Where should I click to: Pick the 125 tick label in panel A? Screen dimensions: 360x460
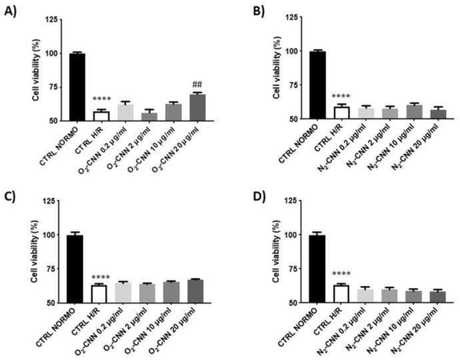[x=49, y=19]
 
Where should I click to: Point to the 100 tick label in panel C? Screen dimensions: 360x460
[x=49, y=235]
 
